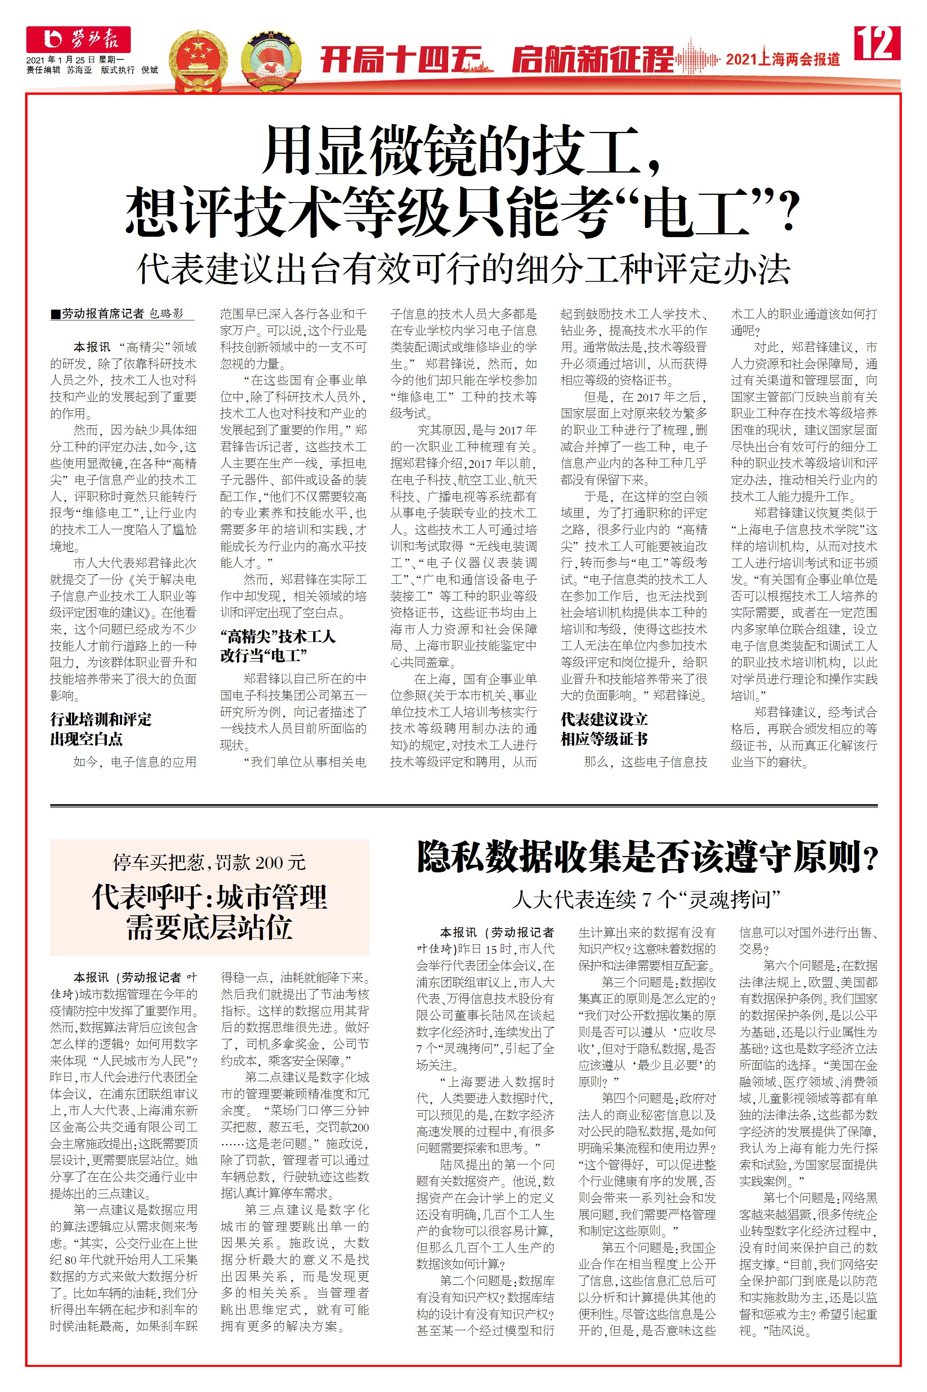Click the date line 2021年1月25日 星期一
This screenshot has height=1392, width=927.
75,60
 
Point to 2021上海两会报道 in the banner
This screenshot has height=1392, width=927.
783,59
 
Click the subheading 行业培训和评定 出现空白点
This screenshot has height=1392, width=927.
100,728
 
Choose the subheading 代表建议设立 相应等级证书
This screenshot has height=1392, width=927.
604,728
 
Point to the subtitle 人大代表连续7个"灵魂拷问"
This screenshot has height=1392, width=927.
647,900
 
